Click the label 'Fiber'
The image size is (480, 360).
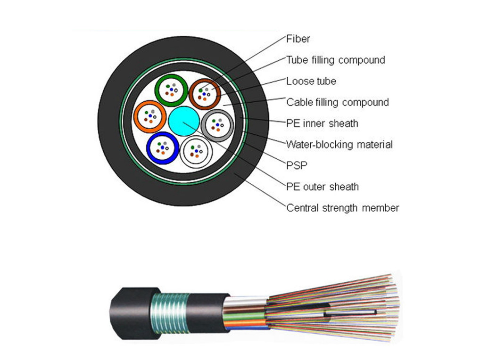click(298, 39)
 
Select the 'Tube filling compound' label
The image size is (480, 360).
click(335, 60)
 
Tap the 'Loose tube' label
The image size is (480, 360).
click(311, 81)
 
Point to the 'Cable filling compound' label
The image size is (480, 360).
click(337, 102)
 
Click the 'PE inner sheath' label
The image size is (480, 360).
click(322, 123)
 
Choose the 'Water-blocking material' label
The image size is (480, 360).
click(339, 145)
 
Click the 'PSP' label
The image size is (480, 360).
click(296, 166)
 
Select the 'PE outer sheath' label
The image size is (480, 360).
click(322, 187)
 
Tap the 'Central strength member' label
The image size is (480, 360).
click(342, 208)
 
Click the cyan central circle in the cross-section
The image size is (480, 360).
click(183, 121)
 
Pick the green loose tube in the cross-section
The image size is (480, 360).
click(171, 90)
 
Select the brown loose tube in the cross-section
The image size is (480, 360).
click(205, 94)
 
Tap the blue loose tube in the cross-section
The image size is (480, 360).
click(162, 147)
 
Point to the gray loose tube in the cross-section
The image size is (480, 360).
click(217, 125)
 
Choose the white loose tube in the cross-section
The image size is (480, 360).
click(196, 151)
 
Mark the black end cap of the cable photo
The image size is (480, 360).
click(129, 313)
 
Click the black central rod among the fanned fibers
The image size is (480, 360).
click(349, 311)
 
